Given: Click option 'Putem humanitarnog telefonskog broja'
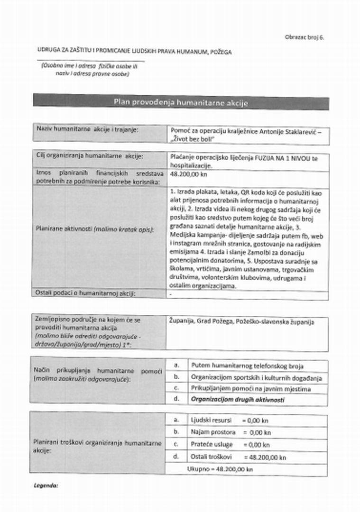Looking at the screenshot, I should tap(247, 366).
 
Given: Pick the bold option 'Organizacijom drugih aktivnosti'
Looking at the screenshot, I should tap(237, 400).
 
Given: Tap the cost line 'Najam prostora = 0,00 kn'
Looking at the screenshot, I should tap(231, 432).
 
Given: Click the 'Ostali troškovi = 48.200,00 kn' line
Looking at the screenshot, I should tap(238, 457).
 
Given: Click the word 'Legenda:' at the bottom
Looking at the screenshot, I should tap(46, 486).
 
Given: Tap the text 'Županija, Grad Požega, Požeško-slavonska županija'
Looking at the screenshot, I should tap(241, 322).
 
